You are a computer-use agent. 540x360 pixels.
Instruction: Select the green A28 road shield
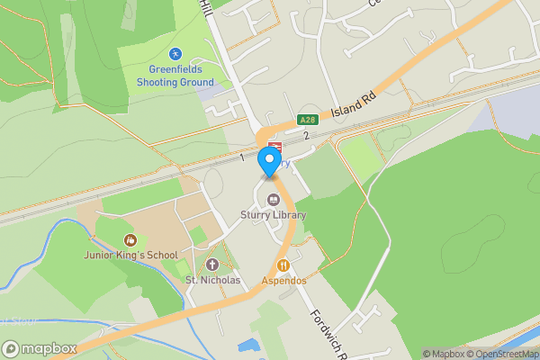coord(308,120)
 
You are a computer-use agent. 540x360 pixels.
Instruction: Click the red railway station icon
coord(274,145)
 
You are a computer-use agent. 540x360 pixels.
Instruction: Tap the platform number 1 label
coord(242,157)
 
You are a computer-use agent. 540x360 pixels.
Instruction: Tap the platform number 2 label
coord(306,136)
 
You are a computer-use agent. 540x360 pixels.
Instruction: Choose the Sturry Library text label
coord(273,215)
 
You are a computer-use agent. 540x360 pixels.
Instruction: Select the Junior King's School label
coord(130,255)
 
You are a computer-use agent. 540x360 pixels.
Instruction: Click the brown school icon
coord(130,240)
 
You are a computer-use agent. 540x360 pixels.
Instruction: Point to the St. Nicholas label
coord(212,280)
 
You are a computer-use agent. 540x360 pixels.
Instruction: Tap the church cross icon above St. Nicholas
coord(212,265)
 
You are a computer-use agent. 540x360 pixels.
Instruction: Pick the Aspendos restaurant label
coord(284,280)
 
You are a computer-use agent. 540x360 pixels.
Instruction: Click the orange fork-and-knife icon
coord(284,265)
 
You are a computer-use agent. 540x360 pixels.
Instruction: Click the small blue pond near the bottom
coord(247,345)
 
